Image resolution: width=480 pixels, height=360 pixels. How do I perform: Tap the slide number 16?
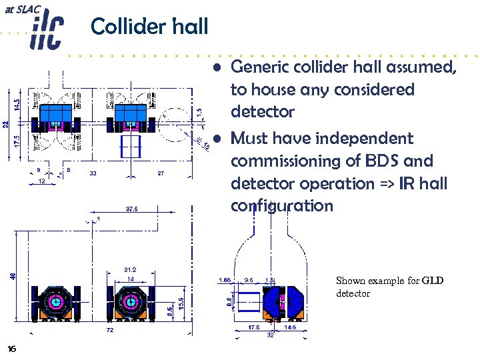click(x=11, y=349)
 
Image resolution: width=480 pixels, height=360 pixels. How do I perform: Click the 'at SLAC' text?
click(x=22, y=9)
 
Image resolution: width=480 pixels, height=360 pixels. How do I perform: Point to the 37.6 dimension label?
click(x=132, y=209)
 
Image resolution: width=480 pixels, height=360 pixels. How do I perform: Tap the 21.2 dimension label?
click(x=130, y=269)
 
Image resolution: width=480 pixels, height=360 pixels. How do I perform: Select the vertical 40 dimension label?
click(x=13, y=275)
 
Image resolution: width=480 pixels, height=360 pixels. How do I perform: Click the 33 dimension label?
click(x=92, y=173)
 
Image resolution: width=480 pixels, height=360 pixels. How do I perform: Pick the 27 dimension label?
click(x=161, y=173)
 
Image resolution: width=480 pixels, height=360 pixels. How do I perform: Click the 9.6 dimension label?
click(x=249, y=281)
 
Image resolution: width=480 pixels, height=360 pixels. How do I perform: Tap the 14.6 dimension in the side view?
click(x=291, y=327)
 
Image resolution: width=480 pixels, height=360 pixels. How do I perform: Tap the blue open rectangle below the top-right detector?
click(x=131, y=148)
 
